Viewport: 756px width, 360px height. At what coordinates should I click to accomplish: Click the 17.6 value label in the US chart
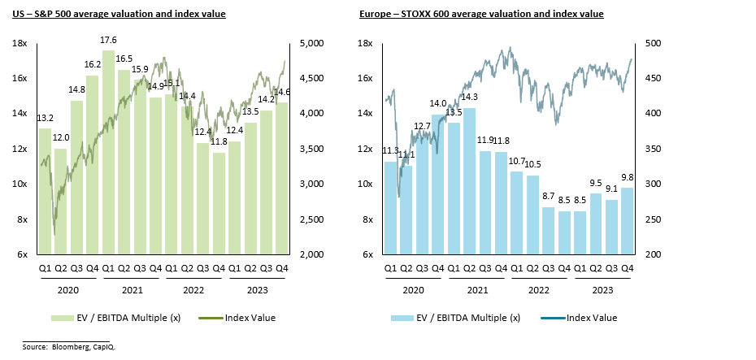click(108, 40)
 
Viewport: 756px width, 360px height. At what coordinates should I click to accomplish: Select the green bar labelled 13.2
click(45, 191)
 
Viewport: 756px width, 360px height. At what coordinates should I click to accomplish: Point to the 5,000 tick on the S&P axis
click(313, 43)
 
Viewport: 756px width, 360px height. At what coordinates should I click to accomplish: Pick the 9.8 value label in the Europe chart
click(628, 178)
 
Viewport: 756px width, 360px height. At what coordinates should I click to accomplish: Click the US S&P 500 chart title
click(119, 14)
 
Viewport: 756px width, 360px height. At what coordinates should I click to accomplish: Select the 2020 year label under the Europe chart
click(414, 289)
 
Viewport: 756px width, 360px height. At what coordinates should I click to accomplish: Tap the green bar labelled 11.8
click(219, 203)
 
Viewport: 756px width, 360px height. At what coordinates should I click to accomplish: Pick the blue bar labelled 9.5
click(596, 223)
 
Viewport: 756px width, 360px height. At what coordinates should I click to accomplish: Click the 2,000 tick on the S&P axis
click(313, 254)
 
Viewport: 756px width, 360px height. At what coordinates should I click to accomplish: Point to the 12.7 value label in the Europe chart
click(422, 126)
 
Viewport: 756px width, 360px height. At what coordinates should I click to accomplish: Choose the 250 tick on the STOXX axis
click(652, 219)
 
